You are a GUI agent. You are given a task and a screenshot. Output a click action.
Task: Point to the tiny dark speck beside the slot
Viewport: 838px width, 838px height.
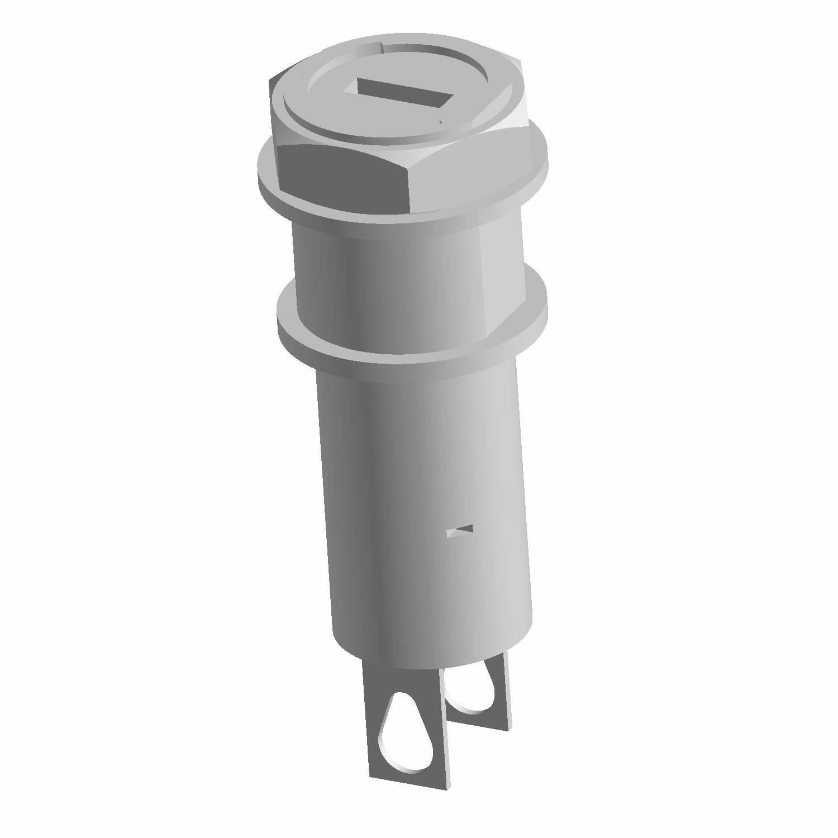point(441,121)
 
